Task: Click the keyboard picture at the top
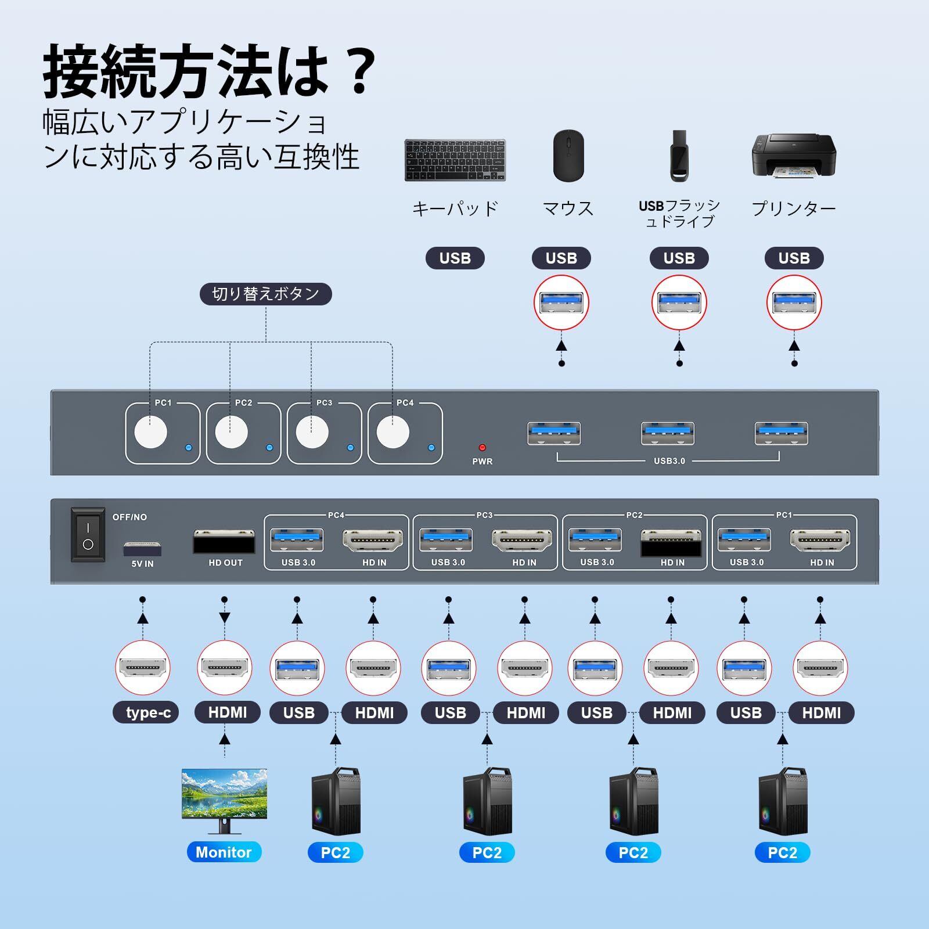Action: pos(455,160)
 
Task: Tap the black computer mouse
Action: pos(568,155)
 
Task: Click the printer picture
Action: pos(793,155)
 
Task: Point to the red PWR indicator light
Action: pos(482,448)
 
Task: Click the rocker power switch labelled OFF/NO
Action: pos(88,535)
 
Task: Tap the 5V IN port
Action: pos(142,549)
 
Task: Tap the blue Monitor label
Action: pos(224,852)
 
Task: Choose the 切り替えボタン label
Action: pos(265,294)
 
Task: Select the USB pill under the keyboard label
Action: pos(455,258)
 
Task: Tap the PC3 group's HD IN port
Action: pos(522,540)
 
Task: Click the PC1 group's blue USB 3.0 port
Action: pos(744,540)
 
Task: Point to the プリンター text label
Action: pos(793,208)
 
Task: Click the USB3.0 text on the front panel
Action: pos(669,461)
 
